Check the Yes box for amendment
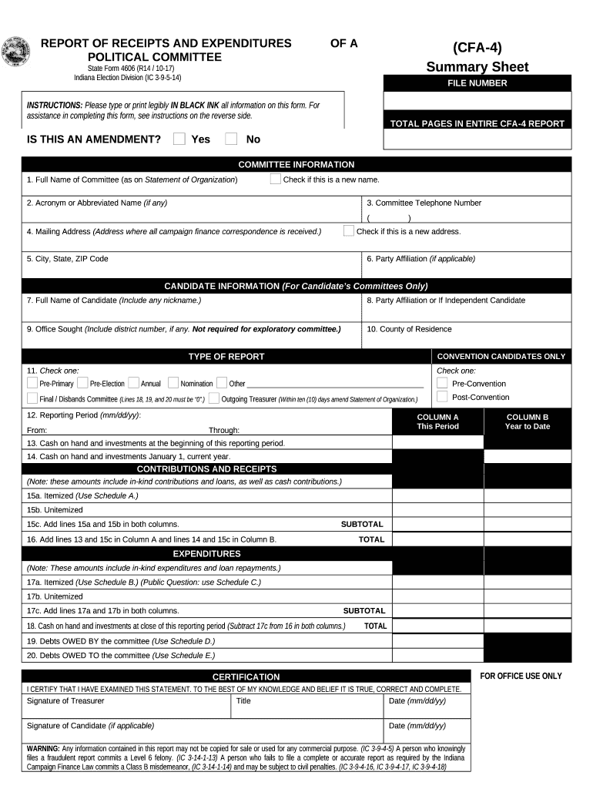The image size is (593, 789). tap(179, 139)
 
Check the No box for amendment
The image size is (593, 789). tap(231, 139)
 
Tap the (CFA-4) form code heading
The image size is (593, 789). tap(477, 48)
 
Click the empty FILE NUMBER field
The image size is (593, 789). tap(477, 101)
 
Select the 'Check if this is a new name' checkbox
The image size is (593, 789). tap(276, 180)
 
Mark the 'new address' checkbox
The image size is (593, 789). tap(349, 230)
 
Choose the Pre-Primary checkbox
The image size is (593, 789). tap(32, 383)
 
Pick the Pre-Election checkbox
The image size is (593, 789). tap(83, 383)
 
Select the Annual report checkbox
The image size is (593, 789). tap(134, 383)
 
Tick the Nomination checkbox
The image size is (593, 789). tap(173, 383)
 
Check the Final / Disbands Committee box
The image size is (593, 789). tap(32, 398)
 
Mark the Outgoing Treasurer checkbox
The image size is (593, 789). tap(213, 398)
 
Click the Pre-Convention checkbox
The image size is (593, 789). tap(442, 383)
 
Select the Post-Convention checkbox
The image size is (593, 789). tap(442, 397)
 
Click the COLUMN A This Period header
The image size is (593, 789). tap(437, 421)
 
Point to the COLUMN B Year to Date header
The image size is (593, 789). tap(528, 421)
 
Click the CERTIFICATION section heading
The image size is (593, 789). tap(246, 677)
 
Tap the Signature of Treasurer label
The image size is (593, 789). tap(65, 701)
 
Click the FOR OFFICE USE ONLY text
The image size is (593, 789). tap(521, 676)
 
